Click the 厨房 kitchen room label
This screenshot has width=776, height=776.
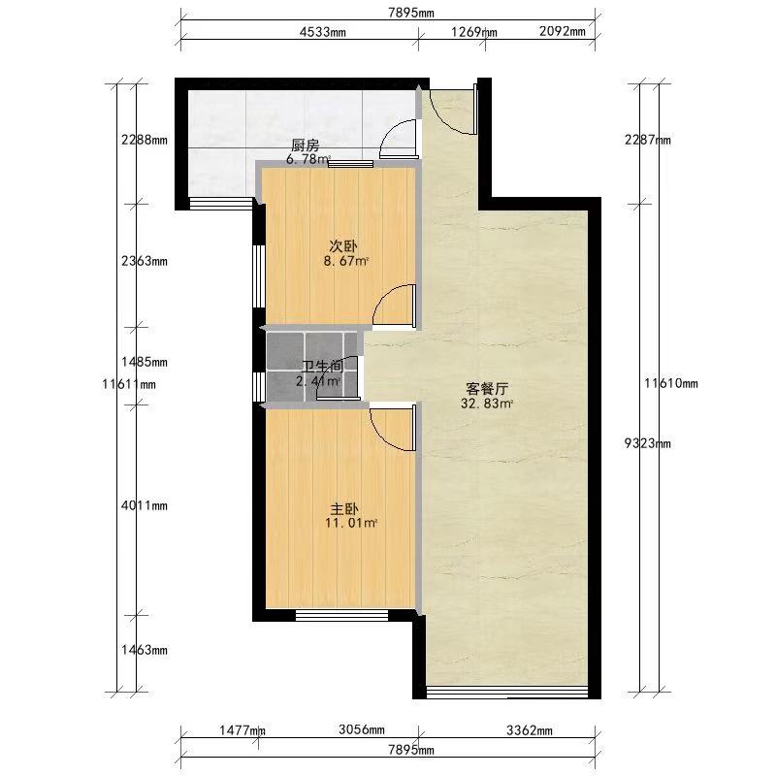(x=305, y=145)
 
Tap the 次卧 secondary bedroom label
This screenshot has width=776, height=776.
(x=343, y=246)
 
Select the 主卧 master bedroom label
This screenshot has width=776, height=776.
(x=344, y=508)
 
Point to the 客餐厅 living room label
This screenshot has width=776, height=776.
(x=487, y=389)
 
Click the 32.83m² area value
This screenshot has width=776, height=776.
(x=487, y=404)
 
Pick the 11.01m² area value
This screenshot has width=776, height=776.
(x=351, y=523)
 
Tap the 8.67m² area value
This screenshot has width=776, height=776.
(x=346, y=261)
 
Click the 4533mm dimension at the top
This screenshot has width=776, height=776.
(x=323, y=32)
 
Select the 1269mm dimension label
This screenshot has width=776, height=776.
(x=473, y=32)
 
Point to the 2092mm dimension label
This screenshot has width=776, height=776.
(x=563, y=31)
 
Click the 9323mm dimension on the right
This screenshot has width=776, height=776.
(x=647, y=443)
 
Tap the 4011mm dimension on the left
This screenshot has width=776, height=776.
(x=144, y=505)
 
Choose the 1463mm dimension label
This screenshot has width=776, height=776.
(x=144, y=650)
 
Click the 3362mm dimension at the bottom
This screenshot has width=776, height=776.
(x=530, y=730)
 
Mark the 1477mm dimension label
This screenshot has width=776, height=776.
(x=242, y=730)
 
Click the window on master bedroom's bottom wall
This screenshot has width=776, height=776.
(x=342, y=615)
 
